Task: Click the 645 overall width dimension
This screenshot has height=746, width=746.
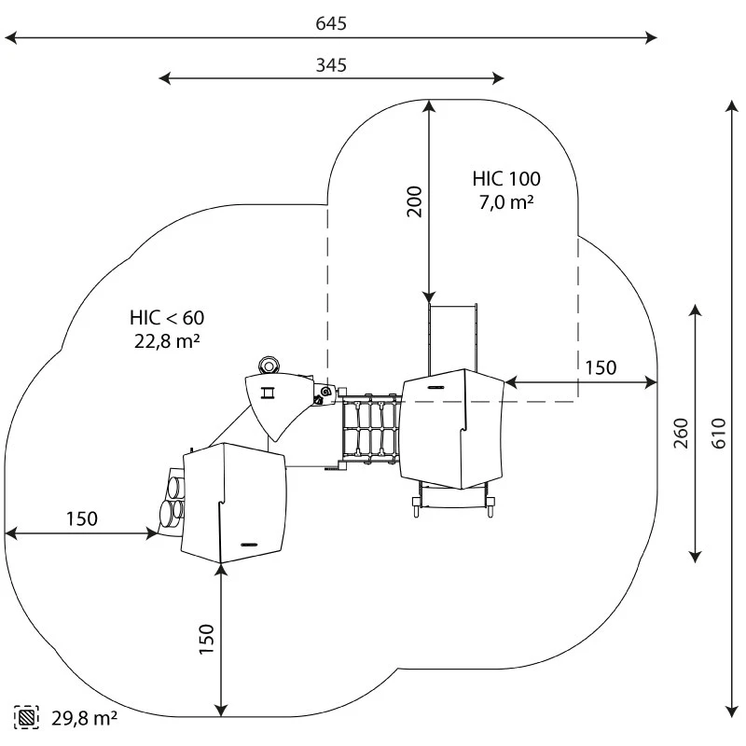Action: (x=331, y=23)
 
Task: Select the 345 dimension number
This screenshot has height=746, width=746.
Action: (x=331, y=64)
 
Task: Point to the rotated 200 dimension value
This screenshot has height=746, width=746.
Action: (x=415, y=201)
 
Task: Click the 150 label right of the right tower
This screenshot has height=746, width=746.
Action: (x=601, y=367)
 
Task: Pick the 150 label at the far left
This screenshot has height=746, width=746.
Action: (x=81, y=519)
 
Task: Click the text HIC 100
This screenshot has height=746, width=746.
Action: (x=506, y=178)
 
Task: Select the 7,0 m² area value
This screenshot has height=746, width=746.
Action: (x=506, y=201)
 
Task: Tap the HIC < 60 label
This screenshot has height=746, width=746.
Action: (x=168, y=318)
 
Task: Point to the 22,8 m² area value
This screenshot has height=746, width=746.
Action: (x=168, y=341)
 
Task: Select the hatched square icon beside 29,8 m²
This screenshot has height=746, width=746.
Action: (x=26, y=717)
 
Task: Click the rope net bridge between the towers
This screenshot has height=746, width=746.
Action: (x=370, y=428)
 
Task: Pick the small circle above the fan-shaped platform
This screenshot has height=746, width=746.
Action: (x=269, y=364)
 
